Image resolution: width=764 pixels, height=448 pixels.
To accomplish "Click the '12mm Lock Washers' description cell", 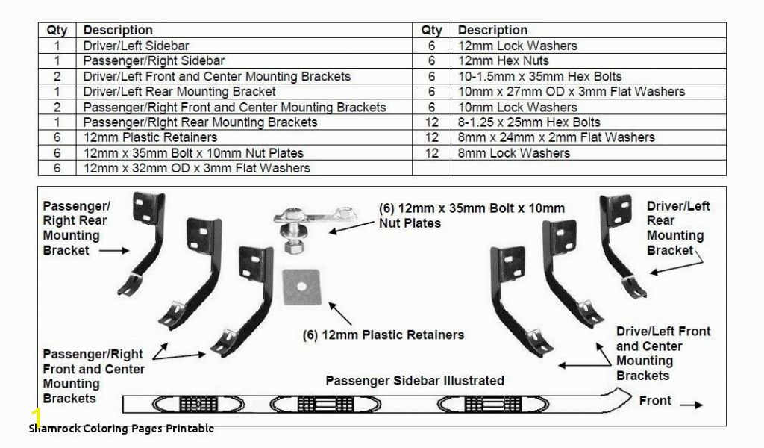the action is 589,46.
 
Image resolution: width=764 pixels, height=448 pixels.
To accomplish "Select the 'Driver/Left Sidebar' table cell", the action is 244,46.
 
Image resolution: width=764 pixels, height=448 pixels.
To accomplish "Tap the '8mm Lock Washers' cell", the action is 589,153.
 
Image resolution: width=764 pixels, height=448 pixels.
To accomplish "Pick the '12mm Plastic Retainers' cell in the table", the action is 244,137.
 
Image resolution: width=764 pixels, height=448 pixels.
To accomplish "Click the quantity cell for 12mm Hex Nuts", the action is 432,61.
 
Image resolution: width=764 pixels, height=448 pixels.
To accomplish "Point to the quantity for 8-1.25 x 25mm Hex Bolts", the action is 432,122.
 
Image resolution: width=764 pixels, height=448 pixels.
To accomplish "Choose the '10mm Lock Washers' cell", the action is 589,108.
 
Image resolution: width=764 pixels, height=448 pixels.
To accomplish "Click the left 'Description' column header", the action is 118,30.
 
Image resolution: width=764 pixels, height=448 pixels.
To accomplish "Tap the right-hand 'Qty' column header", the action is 432,30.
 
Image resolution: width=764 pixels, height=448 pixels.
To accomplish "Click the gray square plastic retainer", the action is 302,287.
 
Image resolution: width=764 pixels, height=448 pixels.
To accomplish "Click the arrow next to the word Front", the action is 692,405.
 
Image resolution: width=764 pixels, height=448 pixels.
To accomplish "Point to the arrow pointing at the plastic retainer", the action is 340,314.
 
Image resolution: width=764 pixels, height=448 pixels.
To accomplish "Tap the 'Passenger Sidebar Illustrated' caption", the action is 415,380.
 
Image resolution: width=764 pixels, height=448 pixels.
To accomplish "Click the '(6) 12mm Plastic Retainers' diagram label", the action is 383,335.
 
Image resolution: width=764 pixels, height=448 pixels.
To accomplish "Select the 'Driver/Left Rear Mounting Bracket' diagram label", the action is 677,228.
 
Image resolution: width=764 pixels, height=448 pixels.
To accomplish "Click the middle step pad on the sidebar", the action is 325,404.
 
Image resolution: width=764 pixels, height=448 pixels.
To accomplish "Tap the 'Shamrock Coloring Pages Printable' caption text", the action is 122,429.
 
